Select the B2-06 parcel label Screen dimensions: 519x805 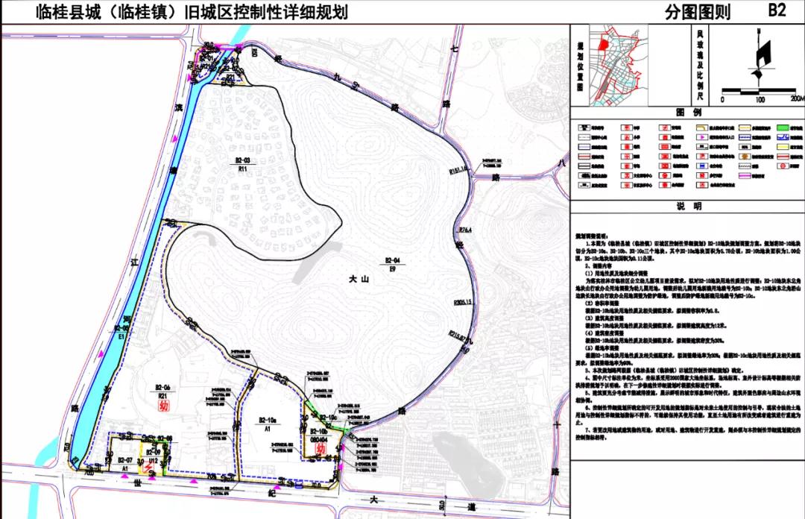[x=163, y=387]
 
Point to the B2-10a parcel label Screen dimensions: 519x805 [x=268, y=420]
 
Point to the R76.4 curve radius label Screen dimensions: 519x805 [x=467, y=229]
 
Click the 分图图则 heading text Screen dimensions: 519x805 [x=698, y=12]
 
